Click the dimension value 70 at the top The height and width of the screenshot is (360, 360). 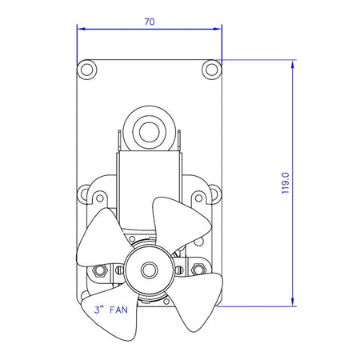pos(149,22)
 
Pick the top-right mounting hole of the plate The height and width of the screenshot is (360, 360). pos(211,70)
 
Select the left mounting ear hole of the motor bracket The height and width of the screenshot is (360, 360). pos(86,194)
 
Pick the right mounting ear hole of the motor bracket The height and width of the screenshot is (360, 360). pos(213,194)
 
